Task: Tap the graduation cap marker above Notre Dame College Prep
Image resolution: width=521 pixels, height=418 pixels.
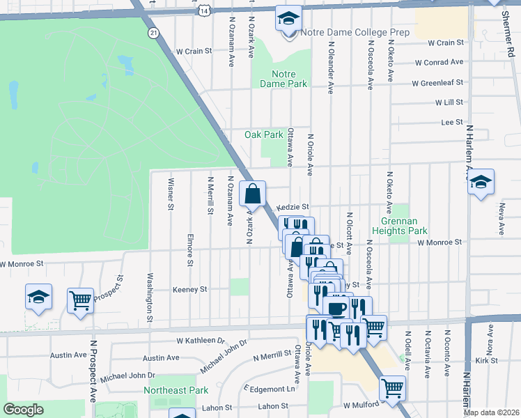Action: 286,20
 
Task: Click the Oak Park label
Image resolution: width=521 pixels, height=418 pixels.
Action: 263,134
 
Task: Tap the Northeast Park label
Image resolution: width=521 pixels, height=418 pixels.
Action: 176,390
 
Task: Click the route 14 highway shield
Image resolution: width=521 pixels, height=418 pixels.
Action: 203,10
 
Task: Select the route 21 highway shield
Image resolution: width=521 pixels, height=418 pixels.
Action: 152,33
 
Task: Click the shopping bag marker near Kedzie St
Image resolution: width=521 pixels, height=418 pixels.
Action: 252,193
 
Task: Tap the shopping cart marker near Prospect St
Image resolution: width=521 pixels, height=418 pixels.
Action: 80,301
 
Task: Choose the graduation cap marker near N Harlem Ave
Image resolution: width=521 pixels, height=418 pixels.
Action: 481,182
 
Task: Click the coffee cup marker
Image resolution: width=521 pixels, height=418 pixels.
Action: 336,307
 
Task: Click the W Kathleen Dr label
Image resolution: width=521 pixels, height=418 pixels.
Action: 202,341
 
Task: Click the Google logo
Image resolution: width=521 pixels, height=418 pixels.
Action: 24,410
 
